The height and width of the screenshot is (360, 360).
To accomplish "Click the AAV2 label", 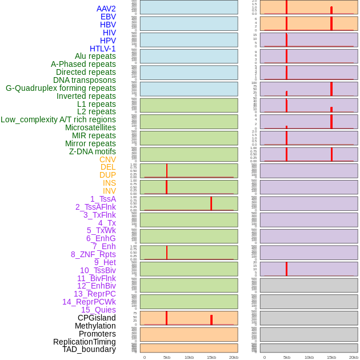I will coord(106,9).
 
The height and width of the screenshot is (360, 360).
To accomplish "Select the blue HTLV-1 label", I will coord(102,49).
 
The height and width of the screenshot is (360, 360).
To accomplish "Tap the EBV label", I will coord(108,17).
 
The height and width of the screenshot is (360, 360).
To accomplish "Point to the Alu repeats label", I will coord(95,57).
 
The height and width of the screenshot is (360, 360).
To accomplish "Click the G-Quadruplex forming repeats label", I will coord(61,88).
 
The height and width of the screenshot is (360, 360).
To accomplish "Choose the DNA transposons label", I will coord(85,81).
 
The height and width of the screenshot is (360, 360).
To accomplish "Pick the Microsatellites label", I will coord(90,127).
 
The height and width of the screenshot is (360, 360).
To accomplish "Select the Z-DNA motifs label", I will coord(92,151).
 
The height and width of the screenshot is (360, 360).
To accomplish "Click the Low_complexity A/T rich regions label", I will coord(58,120).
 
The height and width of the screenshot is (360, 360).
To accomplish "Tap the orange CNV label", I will coord(107,159).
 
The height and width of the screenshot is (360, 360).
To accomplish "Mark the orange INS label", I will coord(109,183).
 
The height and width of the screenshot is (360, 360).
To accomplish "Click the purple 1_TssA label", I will coord(103,199).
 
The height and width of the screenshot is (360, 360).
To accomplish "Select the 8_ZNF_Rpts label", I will coord(93,254).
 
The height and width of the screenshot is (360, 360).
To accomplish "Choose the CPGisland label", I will coord(97,318).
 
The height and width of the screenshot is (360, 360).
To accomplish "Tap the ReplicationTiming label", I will coord(84,342).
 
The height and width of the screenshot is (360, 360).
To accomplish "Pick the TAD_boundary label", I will coord(89,349).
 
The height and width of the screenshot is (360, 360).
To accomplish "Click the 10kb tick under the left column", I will coord(189,357).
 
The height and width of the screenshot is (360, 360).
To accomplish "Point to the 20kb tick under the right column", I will coord(354,357).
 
